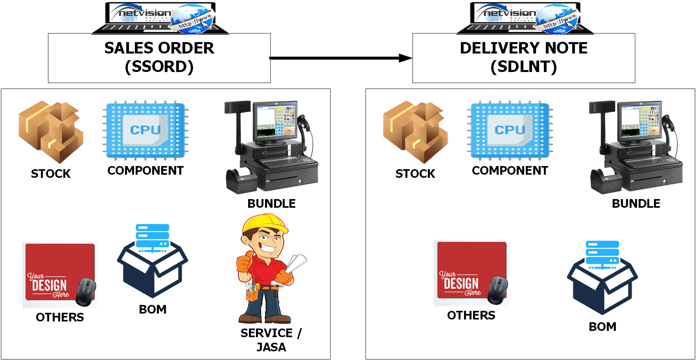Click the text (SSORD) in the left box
coord(159,66)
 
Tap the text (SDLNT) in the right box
coord(524,66)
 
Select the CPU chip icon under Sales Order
coord(145,130)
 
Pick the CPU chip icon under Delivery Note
coord(510,130)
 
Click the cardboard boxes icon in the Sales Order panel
coord(51,131)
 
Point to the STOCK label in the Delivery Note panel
coord(415,174)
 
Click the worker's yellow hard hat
coord(265,224)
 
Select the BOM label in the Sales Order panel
coord(153,309)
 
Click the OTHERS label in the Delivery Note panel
coord(471,315)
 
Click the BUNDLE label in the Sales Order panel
coord(271,203)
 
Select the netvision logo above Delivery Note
coord(510,13)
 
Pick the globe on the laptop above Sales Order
coord(191,18)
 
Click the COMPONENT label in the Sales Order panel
coord(145,170)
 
